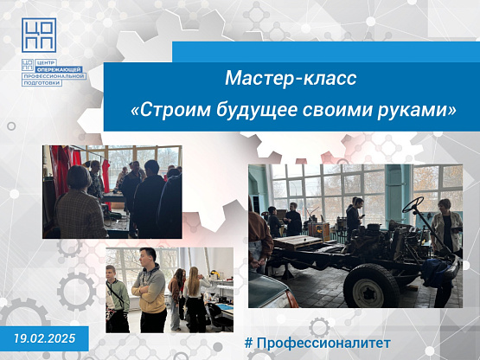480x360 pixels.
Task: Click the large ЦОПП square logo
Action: coord(39,35)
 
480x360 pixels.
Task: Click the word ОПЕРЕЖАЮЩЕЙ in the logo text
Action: coord(61,69)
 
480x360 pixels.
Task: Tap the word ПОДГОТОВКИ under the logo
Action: coord(42,83)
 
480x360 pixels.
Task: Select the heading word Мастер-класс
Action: coord(291,78)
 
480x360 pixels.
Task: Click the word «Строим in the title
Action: coord(171,110)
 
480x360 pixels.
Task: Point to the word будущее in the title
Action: coord(257,110)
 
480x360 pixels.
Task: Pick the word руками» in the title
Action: coord(417,111)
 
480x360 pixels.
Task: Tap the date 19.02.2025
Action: coord(44,338)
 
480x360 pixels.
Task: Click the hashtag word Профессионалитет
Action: coord(323,344)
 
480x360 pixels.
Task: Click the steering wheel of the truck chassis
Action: coord(413,205)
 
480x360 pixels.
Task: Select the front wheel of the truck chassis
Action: coord(371,286)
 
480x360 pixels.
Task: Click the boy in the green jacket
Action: coord(117,299)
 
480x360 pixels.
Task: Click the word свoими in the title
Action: coord(336,110)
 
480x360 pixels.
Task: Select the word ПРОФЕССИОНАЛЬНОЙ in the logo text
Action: coord(54,76)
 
